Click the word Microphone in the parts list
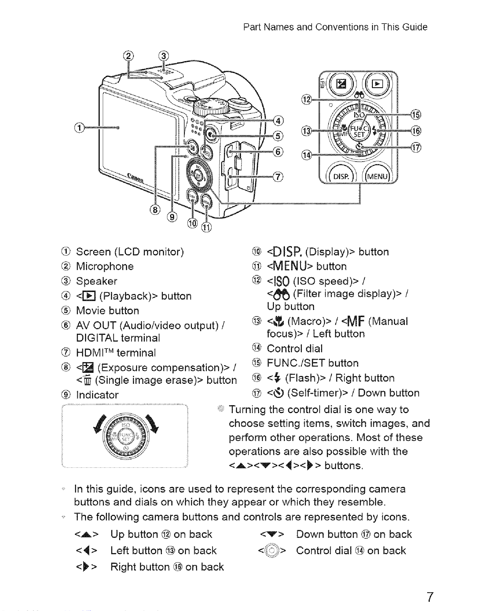click(105, 266)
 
